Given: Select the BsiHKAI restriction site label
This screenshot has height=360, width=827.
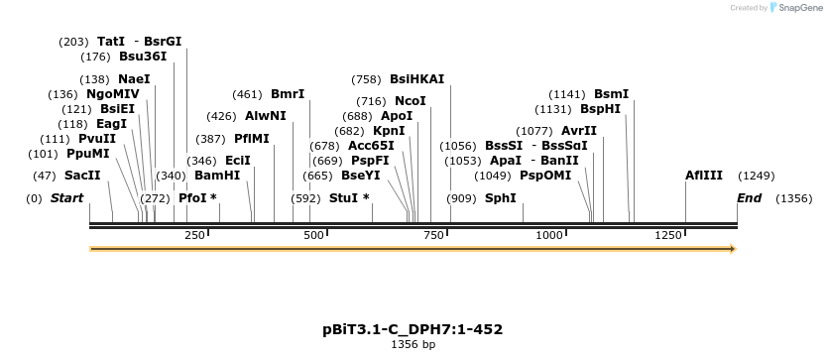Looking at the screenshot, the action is (x=416, y=79).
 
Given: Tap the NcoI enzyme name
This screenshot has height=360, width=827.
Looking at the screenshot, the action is (x=410, y=101).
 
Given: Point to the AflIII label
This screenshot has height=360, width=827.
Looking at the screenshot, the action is (x=704, y=176).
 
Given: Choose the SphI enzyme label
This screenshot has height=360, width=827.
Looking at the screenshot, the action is (x=500, y=198).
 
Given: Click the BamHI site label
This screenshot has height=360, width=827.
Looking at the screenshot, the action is (x=217, y=176).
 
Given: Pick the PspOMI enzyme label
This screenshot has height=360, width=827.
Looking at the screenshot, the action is (x=545, y=176).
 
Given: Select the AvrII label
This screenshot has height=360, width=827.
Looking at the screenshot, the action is (x=579, y=131).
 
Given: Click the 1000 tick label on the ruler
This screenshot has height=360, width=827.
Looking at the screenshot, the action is (x=548, y=235).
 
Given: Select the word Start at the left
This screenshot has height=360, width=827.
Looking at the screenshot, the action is (x=66, y=198).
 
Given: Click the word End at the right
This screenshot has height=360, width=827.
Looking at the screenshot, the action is (x=749, y=198).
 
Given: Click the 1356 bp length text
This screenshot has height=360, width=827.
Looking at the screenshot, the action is (x=413, y=345).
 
